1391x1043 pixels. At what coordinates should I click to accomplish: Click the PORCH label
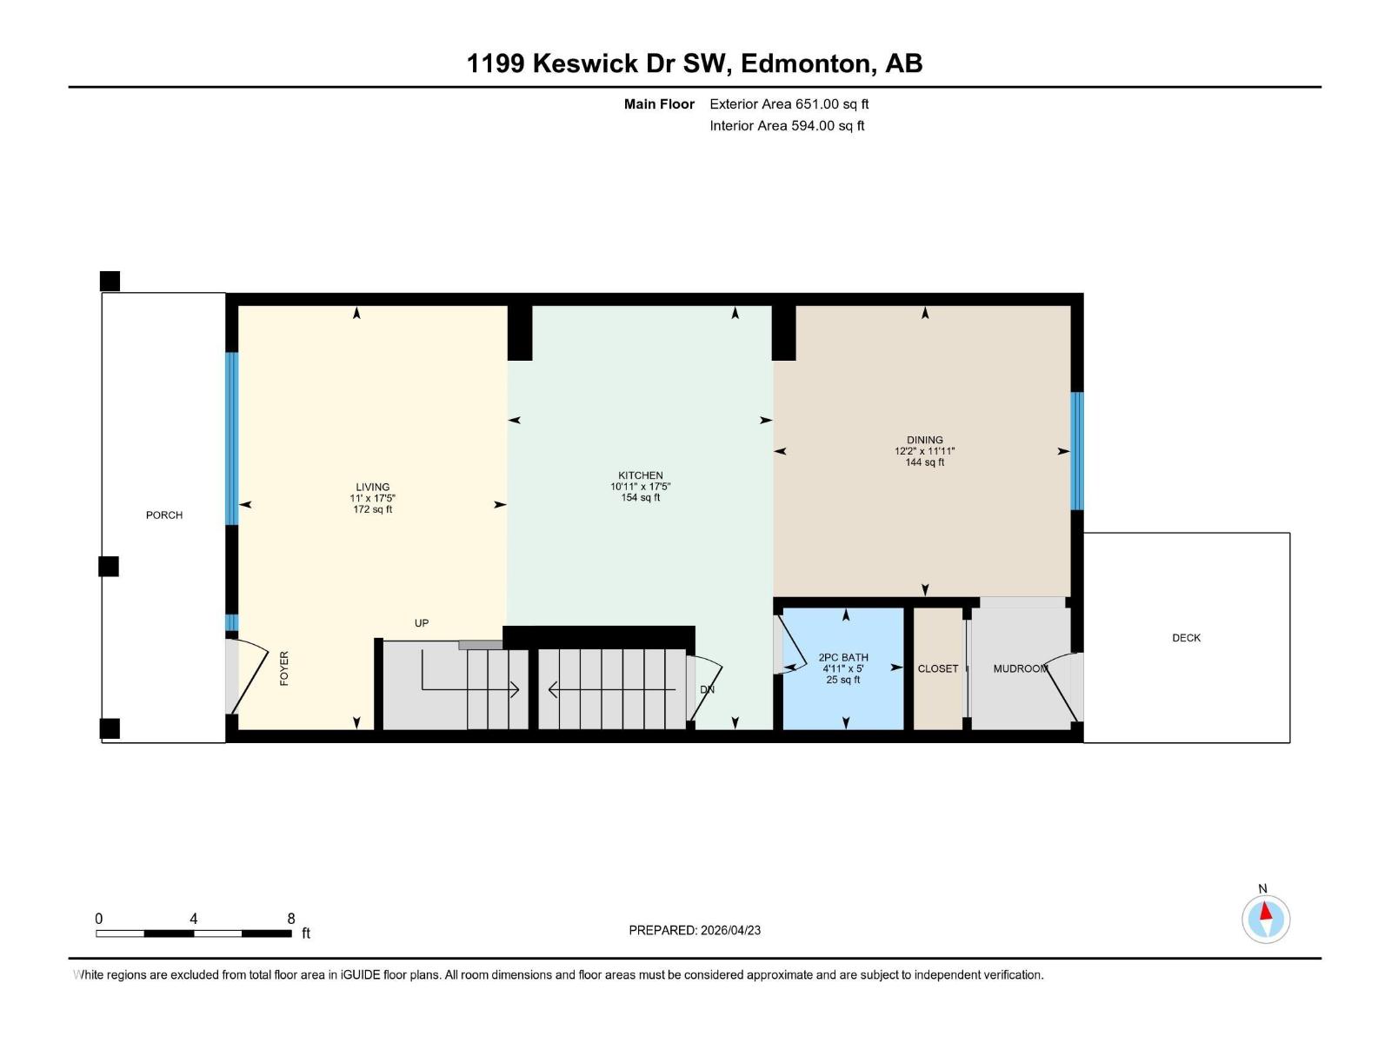tap(164, 515)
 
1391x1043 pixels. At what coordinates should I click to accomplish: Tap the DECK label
tap(1186, 638)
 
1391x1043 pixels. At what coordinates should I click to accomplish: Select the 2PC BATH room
tap(843, 668)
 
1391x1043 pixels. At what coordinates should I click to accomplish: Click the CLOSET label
tap(938, 668)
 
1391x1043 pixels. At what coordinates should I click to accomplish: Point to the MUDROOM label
tap(1020, 668)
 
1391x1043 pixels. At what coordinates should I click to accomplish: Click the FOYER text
tap(284, 668)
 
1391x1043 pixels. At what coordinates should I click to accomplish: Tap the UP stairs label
tap(422, 623)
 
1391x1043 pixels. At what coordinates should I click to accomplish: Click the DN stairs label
tap(707, 689)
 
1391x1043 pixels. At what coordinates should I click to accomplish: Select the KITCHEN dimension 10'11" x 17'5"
tap(641, 487)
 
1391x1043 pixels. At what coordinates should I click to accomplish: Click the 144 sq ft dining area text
tap(925, 462)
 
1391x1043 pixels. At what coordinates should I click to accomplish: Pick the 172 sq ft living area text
tap(372, 509)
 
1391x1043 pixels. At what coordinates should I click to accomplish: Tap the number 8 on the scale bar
tap(291, 919)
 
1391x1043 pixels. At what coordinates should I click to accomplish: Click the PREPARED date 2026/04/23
tap(695, 930)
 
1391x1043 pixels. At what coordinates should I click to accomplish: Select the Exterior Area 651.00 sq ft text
tap(789, 103)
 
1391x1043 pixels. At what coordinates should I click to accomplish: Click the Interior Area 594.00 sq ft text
tap(787, 125)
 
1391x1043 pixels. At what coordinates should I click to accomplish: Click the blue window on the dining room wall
tap(1077, 450)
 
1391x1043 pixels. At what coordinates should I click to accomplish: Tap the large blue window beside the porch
tap(231, 438)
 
